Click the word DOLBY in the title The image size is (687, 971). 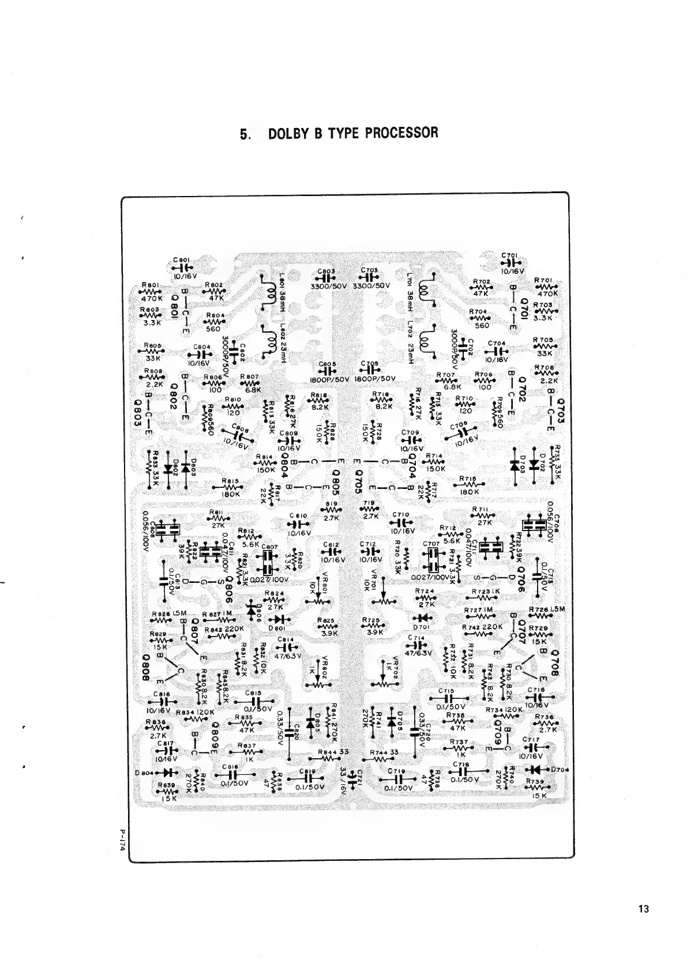click(289, 133)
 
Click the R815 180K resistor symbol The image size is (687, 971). click(231, 487)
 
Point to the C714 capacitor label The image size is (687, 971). click(415, 637)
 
